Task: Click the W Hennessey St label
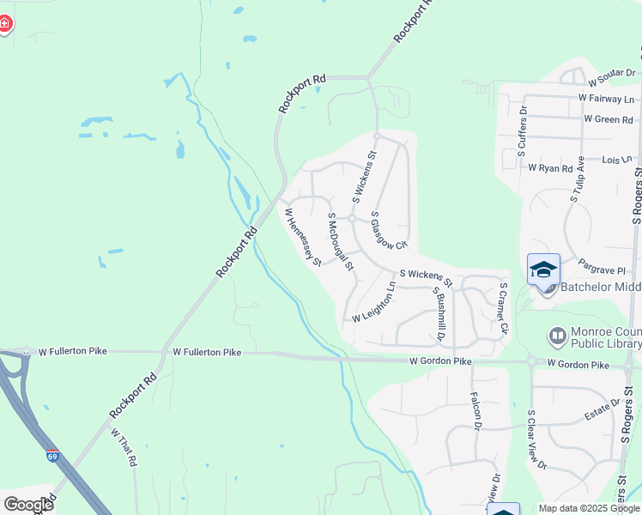(303, 237)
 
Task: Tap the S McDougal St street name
(341, 242)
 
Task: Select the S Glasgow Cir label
(388, 230)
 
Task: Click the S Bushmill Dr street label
(440, 313)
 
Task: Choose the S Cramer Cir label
(504, 308)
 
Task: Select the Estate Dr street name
(603, 411)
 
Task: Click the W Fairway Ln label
(606, 100)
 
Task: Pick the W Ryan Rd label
(550, 168)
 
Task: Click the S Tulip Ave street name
(577, 179)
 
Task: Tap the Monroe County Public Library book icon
(557, 335)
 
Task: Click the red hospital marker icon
(5, 23)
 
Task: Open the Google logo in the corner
(28, 505)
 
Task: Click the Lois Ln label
(617, 160)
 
